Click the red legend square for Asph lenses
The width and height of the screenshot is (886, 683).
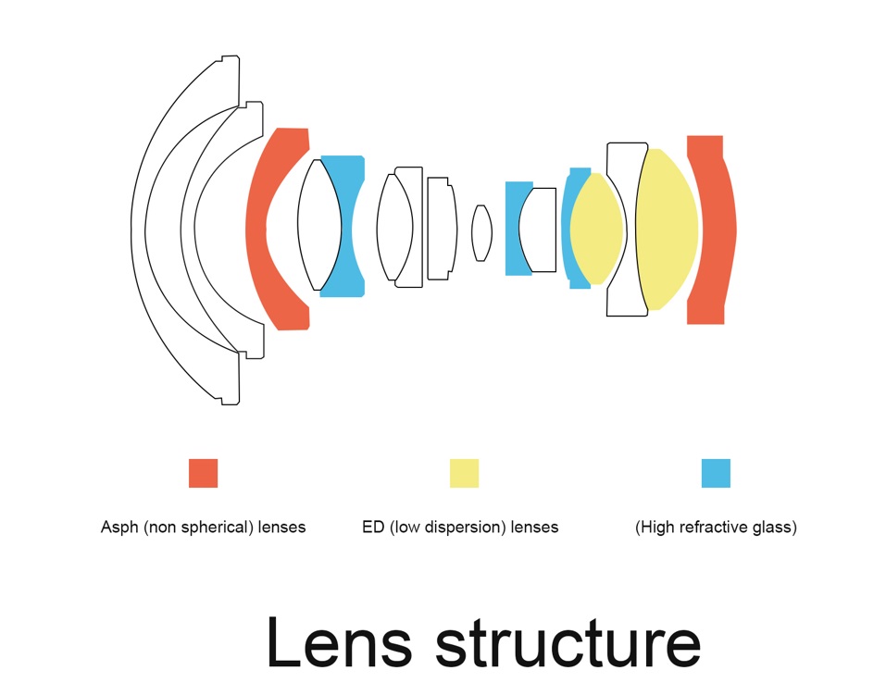click(203, 473)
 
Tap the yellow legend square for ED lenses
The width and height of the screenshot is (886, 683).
click(464, 473)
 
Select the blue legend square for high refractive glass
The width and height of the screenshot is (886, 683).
click(716, 473)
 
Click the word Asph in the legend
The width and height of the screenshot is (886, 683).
click(119, 528)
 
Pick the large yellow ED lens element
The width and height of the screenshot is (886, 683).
click(666, 230)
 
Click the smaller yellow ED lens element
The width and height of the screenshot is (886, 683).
click(597, 230)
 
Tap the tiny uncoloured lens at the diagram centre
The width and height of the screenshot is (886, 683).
click(480, 232)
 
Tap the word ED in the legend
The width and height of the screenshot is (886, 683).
click(373, 528)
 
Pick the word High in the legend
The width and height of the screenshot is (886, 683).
click(657, 528)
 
